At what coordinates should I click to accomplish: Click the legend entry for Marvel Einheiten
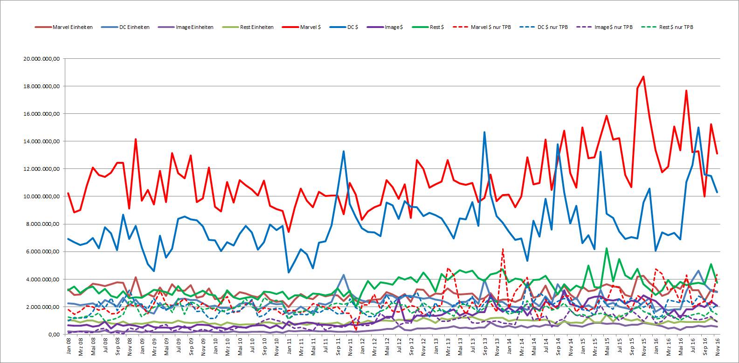tap(64, 27)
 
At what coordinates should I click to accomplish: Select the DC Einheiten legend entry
tap(126, 27)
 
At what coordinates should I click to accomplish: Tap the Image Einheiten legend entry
tap(186, 27)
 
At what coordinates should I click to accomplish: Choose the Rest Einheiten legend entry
tap(248, 27)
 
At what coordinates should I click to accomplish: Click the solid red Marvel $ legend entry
tap(302, 27)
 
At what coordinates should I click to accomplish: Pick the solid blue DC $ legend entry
tap(344, 27)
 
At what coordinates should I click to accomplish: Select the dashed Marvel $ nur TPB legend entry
tap(482, 27)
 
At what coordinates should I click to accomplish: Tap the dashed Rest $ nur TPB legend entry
tap(667, 27)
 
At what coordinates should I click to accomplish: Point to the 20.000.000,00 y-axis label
tap(41, 59)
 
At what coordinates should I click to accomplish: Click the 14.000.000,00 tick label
tap(41, 141)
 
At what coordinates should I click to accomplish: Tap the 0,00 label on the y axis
tap(54, 334)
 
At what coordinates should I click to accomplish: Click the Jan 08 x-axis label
tap(69, 346)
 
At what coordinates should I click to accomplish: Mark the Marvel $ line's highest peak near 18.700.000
tap(643, 77)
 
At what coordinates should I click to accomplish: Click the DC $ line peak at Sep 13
tap(484, 132)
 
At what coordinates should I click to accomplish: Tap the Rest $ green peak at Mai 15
tap(607, 248)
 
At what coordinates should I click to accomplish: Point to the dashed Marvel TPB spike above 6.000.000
tap(503, 249)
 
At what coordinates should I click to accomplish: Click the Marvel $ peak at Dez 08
tap(136, 139)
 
